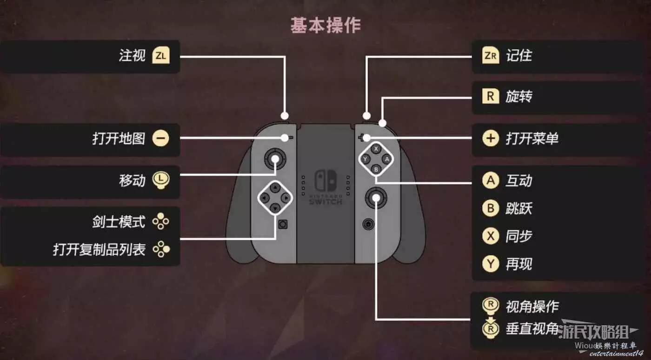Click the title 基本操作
click(325, 25)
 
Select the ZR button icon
click(490, 56)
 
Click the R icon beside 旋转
click(490, 97)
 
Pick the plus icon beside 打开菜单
click(490, 138)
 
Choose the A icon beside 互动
click(490, 180)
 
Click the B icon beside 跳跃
click(490, 208)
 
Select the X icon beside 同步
click(490, 236)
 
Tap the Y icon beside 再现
click(490, 264)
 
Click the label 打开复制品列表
click(99, 249)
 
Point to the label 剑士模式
click(119, 222)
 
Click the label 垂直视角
click(532, 329)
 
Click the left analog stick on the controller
click(275, 160)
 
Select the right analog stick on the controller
click(375, 199)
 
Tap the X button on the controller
click(376, 149)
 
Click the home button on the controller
click(368, 224)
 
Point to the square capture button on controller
click(282, 224)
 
